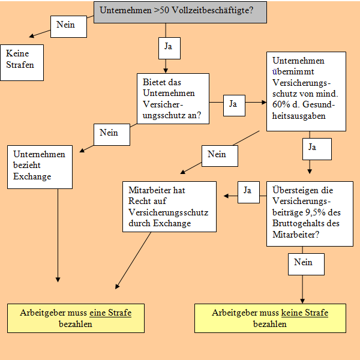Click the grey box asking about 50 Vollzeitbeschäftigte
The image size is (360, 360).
click(180, 11)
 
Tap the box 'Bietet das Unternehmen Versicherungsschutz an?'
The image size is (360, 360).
click(173, 98)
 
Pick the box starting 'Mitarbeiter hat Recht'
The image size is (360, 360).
click(169, 206)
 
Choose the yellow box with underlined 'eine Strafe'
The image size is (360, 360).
click(76, 318)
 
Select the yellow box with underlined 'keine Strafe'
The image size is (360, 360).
click(271, 318)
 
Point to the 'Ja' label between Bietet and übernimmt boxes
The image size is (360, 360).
click(233, 104)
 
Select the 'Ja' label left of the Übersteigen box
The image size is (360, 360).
click(247, 190)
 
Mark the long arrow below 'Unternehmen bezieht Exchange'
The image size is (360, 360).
click(58, 234)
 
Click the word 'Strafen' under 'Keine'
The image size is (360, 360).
click(20, 65)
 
